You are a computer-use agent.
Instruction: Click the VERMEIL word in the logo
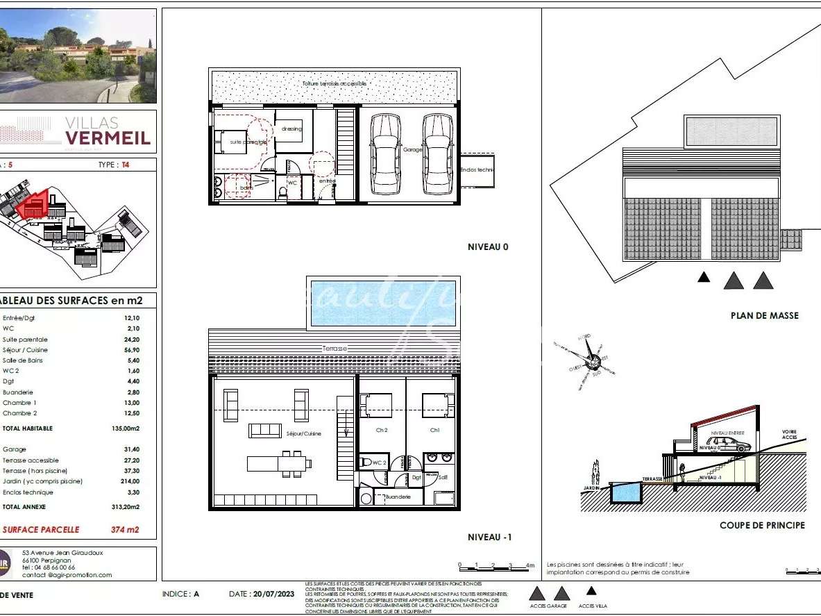[107, 138]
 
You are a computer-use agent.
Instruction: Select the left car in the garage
[385, 154]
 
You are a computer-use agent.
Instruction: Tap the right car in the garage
[437, 154]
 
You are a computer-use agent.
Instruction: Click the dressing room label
[292, 128]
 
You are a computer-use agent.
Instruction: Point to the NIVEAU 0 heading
[488, 247]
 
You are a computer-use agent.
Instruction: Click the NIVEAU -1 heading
[489, 537]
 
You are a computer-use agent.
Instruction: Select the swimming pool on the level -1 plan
[382, 303]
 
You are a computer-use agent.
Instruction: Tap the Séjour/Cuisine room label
[303, 434]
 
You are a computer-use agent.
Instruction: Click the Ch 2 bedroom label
[382, 431]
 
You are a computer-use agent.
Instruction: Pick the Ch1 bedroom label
[434, 431]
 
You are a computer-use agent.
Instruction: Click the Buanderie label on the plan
[398, 497]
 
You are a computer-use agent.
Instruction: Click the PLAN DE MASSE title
[764, 315]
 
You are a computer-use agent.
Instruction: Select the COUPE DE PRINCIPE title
[762, 525]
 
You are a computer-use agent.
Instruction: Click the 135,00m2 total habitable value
[126, 428]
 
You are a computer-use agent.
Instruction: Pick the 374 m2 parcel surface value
[125, 529]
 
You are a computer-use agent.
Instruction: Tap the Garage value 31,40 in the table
[131, 449]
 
